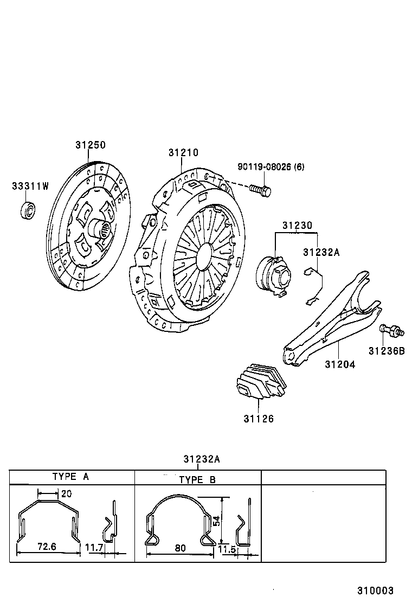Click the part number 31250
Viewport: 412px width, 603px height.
tap(90, 145)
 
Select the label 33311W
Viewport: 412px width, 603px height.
tap(30, 186)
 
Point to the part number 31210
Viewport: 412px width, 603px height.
tap(183, 153)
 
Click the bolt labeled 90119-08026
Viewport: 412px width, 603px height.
tap(261, 190)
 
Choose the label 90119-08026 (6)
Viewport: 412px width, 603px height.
tap(271, 166)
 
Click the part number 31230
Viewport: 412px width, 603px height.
tap(297, 225)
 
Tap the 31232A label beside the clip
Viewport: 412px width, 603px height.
tap(321, 252)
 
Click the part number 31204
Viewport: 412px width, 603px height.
tap(340, 364)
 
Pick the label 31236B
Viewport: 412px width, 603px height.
tap(387, 351)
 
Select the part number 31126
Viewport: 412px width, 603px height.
tap(259, 419)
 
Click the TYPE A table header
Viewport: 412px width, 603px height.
tap(70, 477)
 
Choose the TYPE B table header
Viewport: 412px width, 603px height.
tap(197, 480)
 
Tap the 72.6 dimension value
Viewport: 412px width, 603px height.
tap(47, 547)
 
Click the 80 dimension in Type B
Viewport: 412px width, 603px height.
tap(181, 548)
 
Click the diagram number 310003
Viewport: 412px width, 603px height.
tap(375, 591)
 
